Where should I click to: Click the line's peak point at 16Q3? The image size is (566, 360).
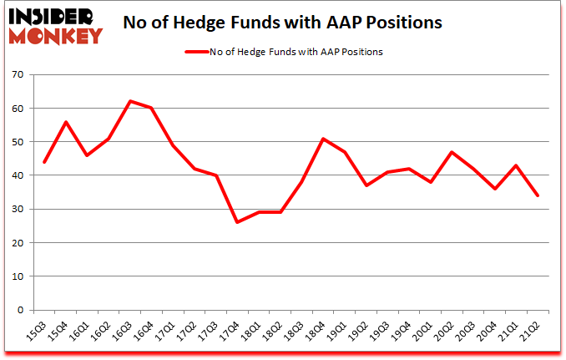pyautogui.click(x=131, y=101)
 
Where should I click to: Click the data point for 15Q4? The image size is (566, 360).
pyautogui.click(x=66, y=122)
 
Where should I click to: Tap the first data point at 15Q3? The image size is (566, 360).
pyautogui.click(x=44, y=162)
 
